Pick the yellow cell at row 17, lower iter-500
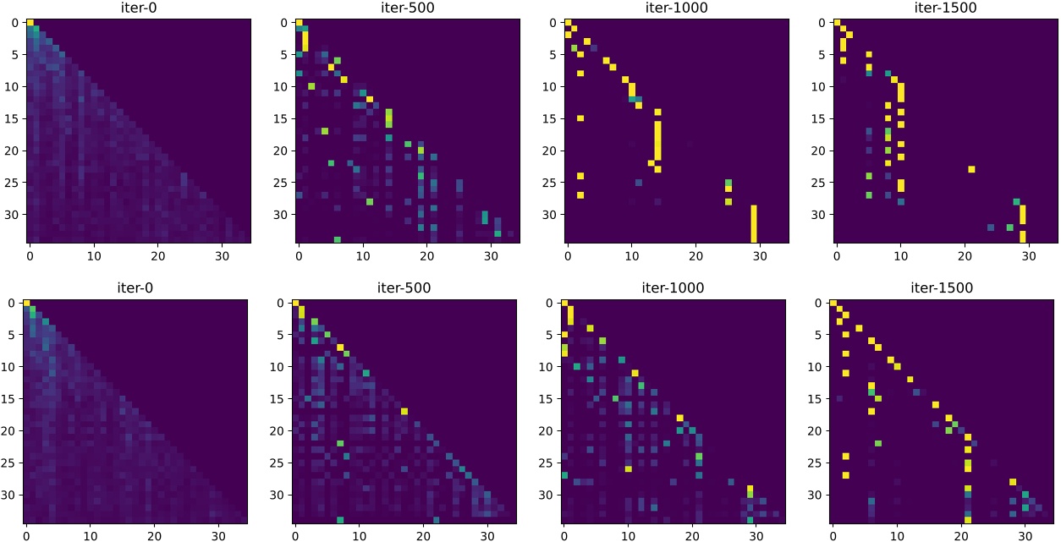click(x=404, y=411)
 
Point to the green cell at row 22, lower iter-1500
click(x=878, y=443)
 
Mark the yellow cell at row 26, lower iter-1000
click(x=629, y=468)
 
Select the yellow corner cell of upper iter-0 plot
click(x=30, y=22)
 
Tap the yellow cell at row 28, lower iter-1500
click(x=1012, y=481)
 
